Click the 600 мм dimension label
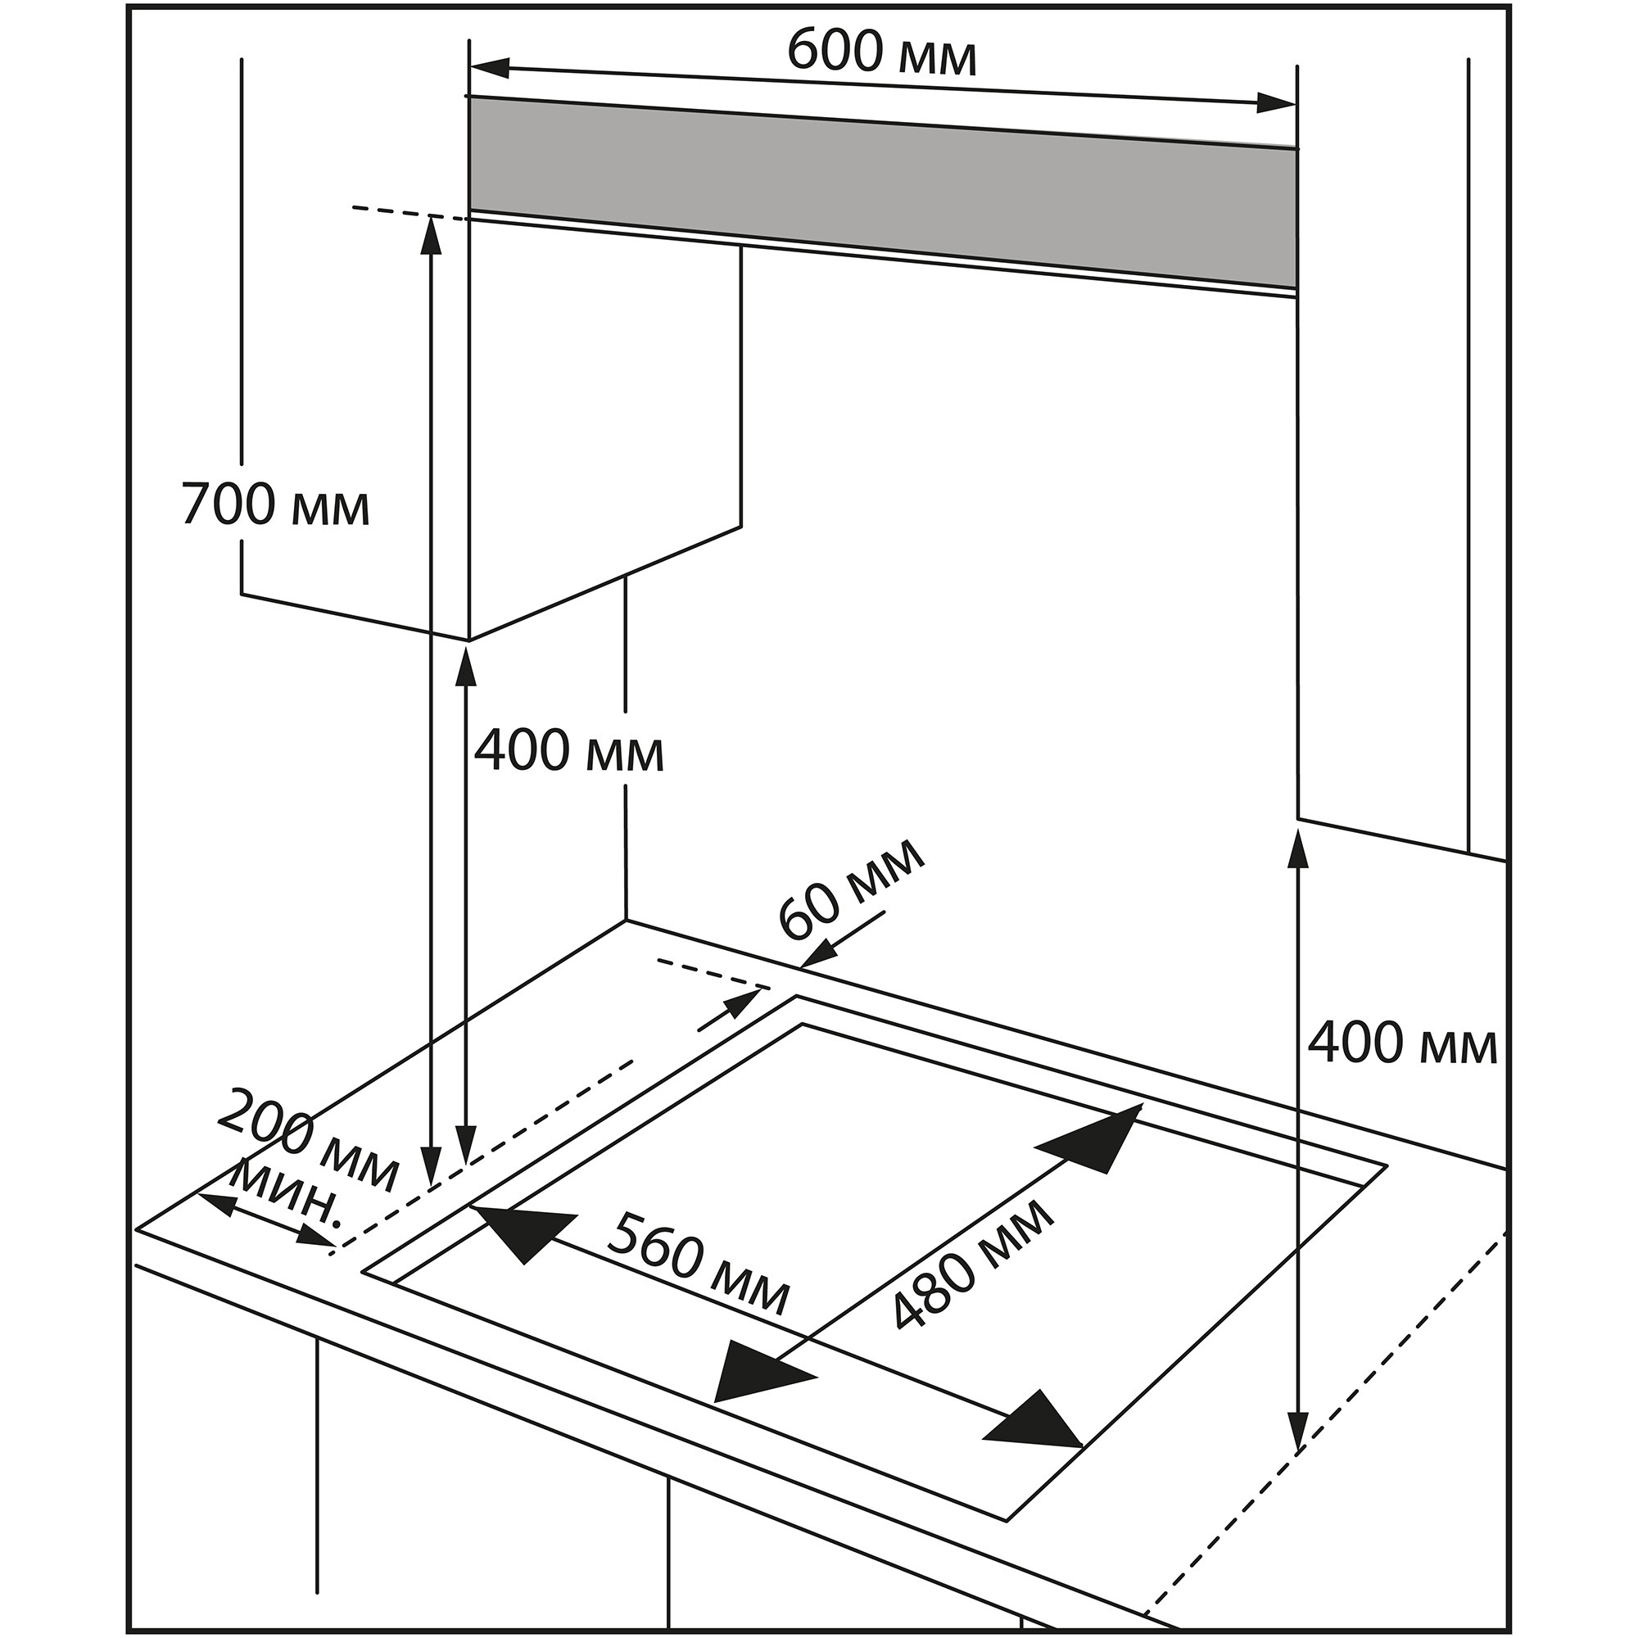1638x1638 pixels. [x=882, y=52]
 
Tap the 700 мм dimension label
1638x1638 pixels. [x=275, y=505]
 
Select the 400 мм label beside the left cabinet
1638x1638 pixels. [x=568, y=751]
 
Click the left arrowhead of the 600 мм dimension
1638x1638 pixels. [x=490, y=68]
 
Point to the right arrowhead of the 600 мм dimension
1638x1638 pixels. [x=1275, y=103]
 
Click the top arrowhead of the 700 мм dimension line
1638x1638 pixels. [x=432, y=234]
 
